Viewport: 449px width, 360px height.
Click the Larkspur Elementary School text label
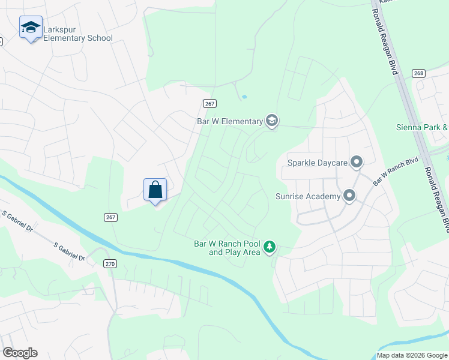pos(77,38)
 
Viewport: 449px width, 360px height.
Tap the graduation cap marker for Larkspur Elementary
pos(31,28)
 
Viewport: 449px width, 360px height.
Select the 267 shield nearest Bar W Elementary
pos(209,103)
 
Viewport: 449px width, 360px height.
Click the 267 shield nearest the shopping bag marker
pos(110,217)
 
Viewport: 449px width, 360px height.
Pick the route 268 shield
pos(419,73)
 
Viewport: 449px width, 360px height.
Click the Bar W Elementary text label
pos(230,121)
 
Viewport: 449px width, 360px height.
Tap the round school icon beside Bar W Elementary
pos(272,121)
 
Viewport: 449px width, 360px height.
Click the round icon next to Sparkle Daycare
pos(357,162)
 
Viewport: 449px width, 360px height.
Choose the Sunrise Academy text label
pos(308,196)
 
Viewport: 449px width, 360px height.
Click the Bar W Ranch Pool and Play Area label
pos(227,248)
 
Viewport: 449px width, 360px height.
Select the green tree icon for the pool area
pos(270,247)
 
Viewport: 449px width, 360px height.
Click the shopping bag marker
pos(155,190)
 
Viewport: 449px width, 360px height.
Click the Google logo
pos(20,353)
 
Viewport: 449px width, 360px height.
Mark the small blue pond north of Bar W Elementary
pos(244,97)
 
